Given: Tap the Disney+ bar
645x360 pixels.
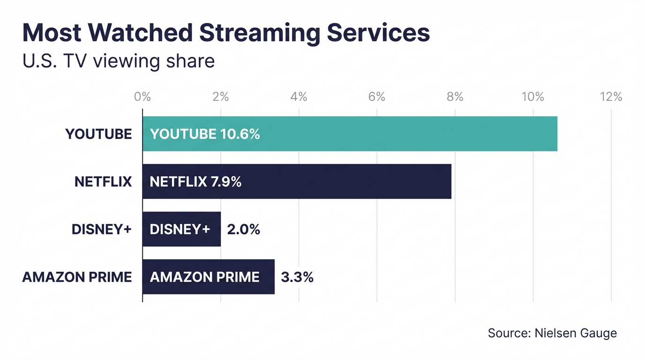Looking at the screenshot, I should point(181,229).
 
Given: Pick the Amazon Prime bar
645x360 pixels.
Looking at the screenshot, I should point(208,277).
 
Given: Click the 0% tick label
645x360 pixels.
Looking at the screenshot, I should point(142,97).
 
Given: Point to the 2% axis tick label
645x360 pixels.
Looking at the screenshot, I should point(220,97).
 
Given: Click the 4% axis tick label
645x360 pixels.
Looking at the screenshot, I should point(299,97).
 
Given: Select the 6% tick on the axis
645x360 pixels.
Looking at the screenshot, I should point(376,97).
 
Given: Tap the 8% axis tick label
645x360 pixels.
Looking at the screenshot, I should point(455,97).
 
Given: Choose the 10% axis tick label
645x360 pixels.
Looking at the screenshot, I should point(532,97).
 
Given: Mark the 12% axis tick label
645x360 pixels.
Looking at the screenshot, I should point(611,97).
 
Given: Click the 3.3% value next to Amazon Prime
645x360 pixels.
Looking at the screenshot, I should point(297,277).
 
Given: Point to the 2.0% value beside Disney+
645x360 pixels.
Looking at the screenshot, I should point(243,229).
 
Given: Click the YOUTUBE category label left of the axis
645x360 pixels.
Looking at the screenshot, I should point(98,134).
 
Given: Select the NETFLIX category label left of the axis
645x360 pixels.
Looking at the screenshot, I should point(103,181).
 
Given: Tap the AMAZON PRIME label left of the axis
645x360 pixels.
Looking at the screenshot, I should point(77,277).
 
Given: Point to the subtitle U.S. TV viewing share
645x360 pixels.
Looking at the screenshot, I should point(119,61).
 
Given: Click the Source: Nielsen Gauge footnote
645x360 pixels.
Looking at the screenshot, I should point(552,333).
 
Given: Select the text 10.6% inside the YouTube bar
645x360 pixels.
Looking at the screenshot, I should point(240,134).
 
